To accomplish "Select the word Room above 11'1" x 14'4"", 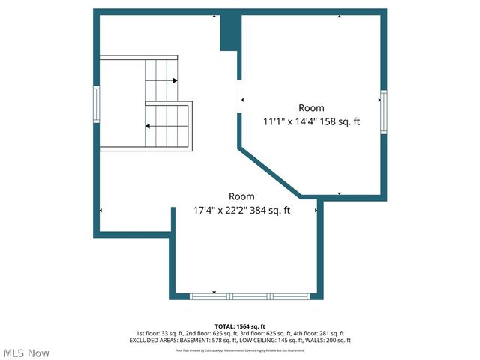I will (311, 108).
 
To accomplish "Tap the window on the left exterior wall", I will (96, 106).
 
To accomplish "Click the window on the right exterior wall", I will (383, 112).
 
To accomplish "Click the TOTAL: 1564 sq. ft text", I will (240, 326).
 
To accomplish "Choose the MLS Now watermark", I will (26, 352).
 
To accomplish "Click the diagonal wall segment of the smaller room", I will (270, 171).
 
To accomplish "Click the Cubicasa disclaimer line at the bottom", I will (240, 350).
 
